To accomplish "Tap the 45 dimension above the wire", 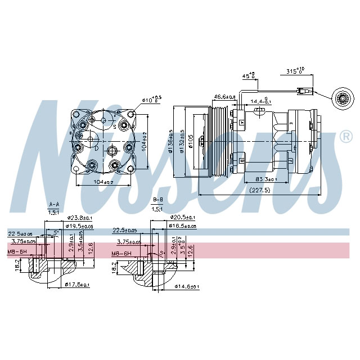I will (248, 75).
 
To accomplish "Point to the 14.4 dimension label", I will (260, 101).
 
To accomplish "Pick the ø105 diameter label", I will (191, 142).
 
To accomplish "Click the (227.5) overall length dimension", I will (259, 190).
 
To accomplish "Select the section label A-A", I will (55, 204).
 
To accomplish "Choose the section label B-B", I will (158, 200).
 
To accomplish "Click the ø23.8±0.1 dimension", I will (79, 218).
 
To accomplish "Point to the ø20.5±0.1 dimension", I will (183, 217).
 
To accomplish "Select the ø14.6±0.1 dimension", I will (187, 287).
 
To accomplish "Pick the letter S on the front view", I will (115, 127).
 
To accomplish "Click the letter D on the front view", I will (96, 148).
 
